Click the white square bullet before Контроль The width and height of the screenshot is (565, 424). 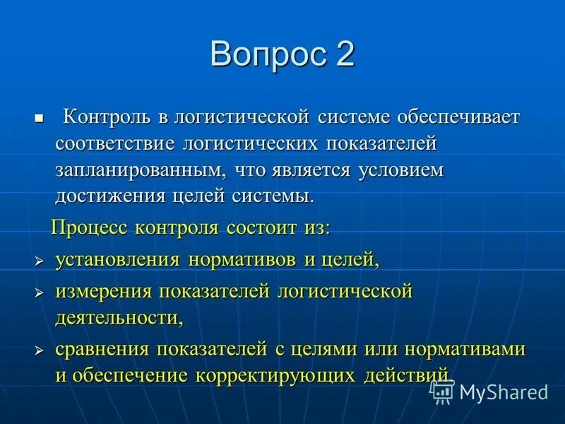[40, 116]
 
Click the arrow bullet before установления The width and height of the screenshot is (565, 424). [40, 261]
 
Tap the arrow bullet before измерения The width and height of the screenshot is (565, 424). [40, 292]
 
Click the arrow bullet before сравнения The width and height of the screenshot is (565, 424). [40, 351]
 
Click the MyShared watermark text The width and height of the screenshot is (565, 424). [504, 392]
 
